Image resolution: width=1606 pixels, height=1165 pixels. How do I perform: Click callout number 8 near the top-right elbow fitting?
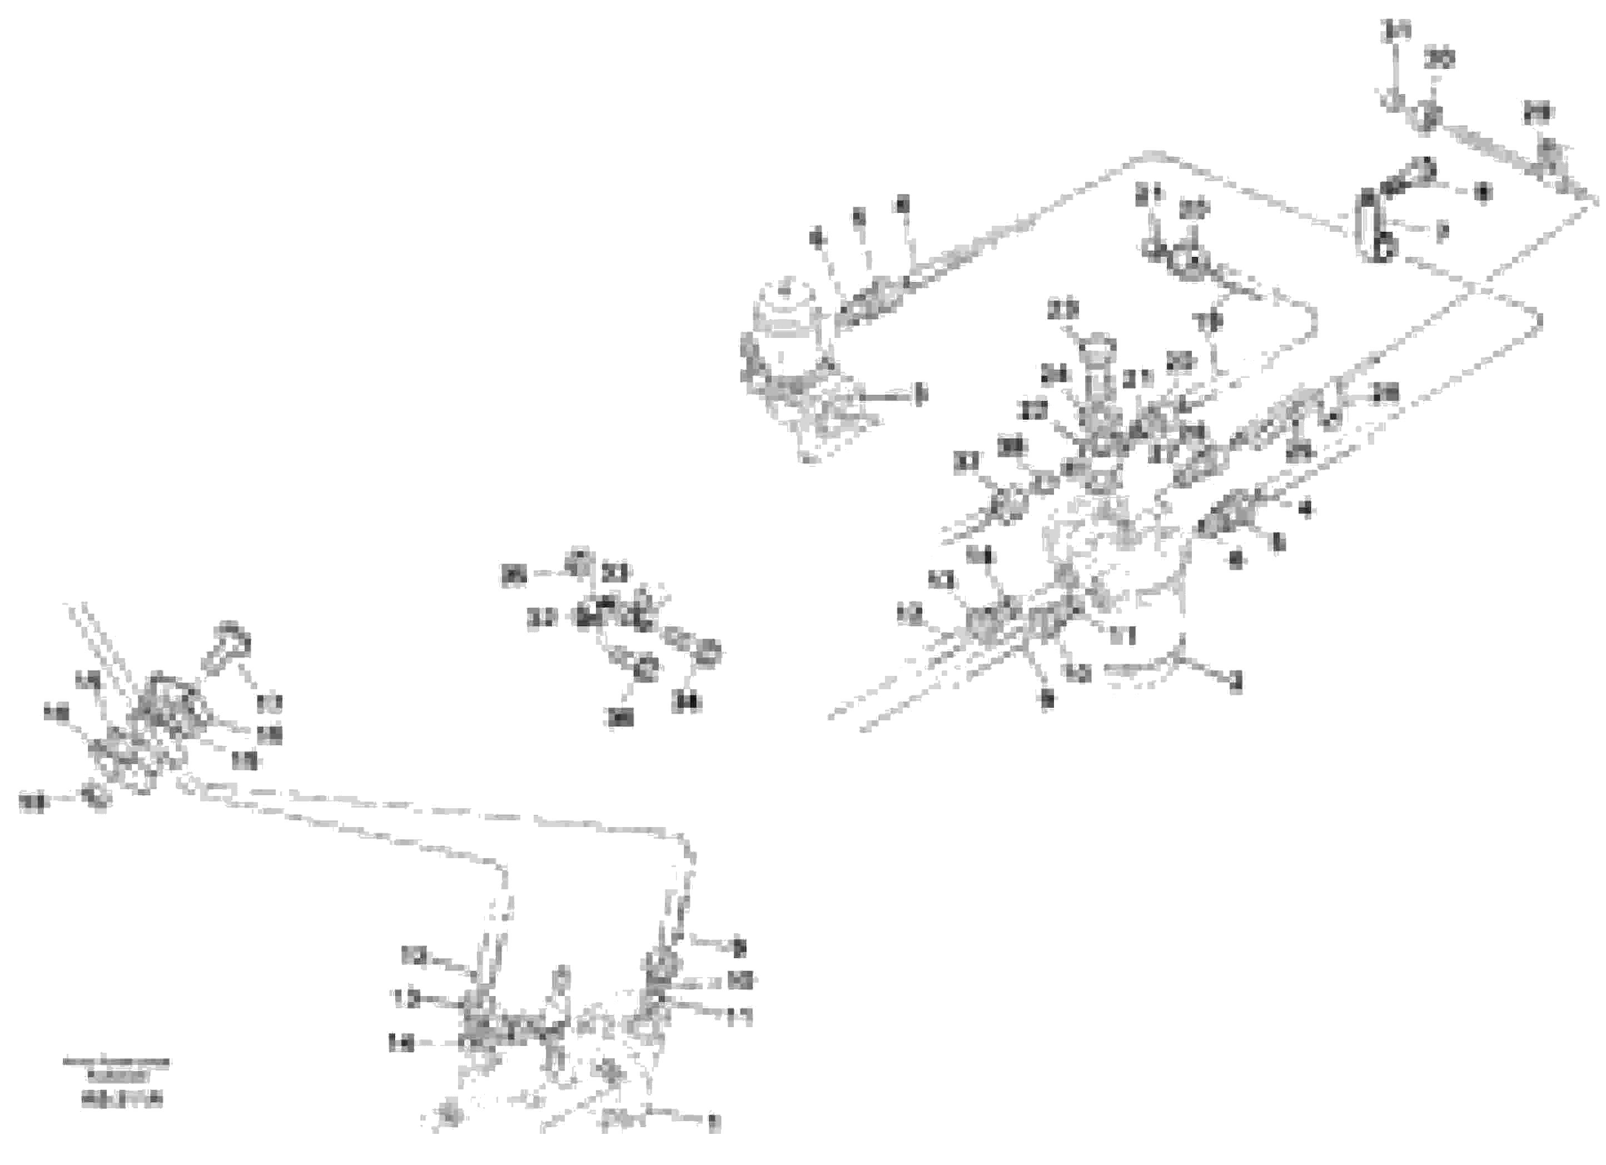1482,193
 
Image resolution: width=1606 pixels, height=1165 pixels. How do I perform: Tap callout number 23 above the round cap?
1063,310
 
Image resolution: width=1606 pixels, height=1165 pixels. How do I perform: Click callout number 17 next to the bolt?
270,703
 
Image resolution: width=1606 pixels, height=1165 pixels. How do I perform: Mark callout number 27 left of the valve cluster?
1035,411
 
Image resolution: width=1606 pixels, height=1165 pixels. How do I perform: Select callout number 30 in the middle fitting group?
620,718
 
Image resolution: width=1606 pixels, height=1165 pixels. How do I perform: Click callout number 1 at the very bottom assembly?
713,1124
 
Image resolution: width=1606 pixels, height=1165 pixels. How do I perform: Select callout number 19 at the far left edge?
32,803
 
